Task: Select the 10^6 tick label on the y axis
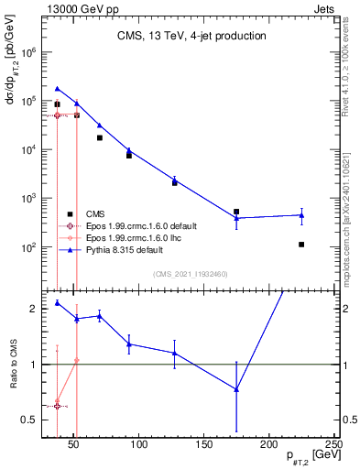tap(27, 52)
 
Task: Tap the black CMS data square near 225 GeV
tap(301, 245)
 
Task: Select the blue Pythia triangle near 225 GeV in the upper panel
tap(301, 215)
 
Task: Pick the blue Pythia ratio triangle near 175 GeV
tap(236, 389)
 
